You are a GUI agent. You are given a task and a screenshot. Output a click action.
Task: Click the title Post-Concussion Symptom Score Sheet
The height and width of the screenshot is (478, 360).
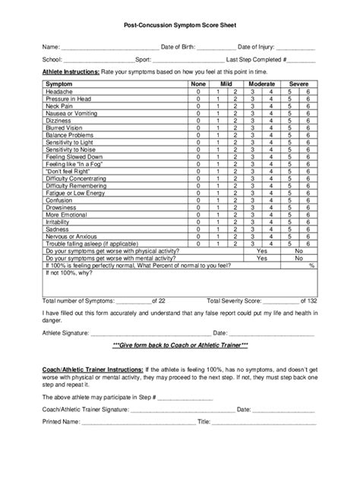click(180, 25)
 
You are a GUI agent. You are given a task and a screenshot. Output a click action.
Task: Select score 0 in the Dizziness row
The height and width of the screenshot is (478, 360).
click(198, 121)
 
